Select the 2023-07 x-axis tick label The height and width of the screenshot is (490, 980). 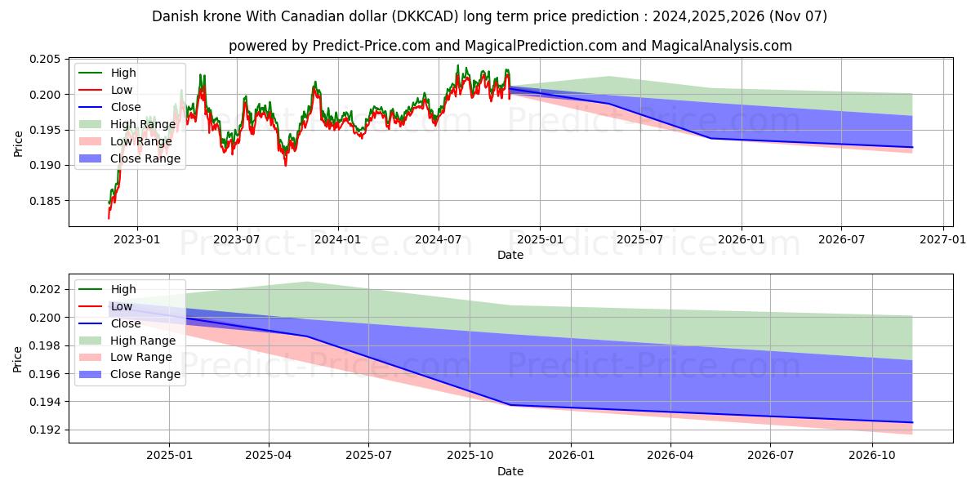237,238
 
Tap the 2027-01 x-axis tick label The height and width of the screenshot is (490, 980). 943,238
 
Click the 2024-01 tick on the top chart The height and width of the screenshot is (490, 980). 337,238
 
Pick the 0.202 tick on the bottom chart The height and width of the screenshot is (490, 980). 47,289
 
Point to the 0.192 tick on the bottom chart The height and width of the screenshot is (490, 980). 47,430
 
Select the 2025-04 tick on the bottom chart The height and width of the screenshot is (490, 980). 269,455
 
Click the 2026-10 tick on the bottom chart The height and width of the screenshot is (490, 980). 872,455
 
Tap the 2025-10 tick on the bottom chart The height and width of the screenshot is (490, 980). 470,455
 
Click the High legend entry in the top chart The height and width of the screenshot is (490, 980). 123,73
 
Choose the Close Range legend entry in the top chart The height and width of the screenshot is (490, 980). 145,158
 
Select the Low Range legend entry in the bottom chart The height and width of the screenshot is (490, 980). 141,357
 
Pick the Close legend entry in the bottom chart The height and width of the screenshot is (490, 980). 127,323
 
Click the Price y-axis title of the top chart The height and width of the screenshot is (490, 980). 18,144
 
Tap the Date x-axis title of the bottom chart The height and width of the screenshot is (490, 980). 510,471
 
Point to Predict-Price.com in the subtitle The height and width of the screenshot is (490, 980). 371,46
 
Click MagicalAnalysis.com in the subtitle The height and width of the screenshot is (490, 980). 721,46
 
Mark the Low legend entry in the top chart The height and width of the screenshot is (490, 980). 122,90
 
